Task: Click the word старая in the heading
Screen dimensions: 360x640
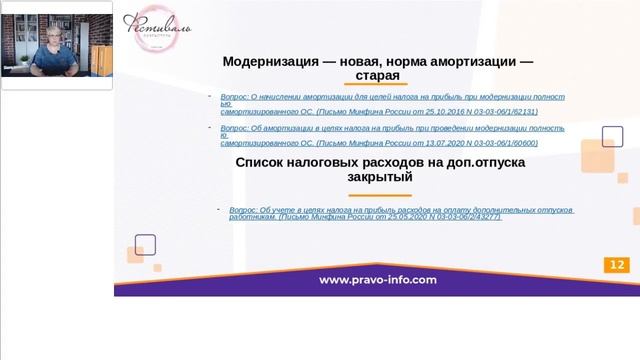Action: [x=377, y=75]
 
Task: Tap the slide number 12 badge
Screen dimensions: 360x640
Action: [x=616, y=265]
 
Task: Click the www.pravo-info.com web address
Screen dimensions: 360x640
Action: [x=378, y=280]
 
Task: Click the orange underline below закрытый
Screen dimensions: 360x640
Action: [x=379, y=194]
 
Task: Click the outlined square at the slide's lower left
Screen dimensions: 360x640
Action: [x=145, y=244]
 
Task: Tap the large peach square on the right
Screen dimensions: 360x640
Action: [x=596, y=155]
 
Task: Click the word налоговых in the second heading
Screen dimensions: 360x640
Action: [x=331, y=162]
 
